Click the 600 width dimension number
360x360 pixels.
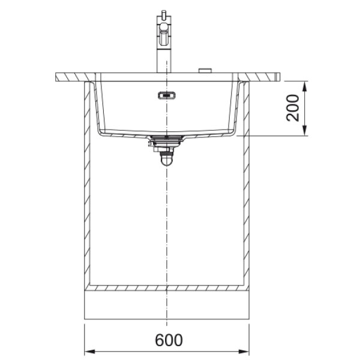(169, 340)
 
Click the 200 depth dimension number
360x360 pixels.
(293, 108)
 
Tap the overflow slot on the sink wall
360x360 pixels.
(166, 94)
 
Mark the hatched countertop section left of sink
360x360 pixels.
(72, 77)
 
